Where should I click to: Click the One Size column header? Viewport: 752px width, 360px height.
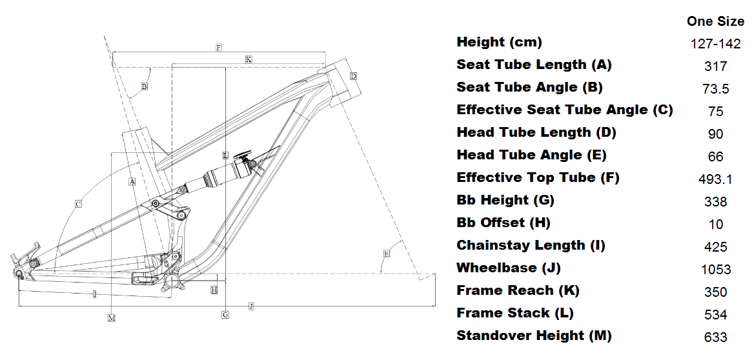[x=715, y=21]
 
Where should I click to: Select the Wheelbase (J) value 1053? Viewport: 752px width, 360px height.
[x=715, y=270]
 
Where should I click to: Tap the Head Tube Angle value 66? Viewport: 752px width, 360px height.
[x=715, y=157]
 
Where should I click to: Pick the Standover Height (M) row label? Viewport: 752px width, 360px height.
[x=534, y=335]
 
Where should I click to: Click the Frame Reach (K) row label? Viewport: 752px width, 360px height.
[x=518, y=290]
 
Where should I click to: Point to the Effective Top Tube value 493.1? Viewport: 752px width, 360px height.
[x=715, y=179]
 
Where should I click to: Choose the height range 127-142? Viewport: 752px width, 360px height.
[x=715, y=44]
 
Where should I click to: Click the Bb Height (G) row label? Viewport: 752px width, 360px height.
[x=505, y=200]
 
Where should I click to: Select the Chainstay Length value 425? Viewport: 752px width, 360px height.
[x=715, y=247]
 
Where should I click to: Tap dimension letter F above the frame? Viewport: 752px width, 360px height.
[x=219, y=48]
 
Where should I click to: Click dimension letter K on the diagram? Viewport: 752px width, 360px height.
[x=249, y=59]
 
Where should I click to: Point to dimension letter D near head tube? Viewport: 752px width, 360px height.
[x=353, y=76]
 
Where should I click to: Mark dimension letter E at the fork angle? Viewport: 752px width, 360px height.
[x=386, y=254]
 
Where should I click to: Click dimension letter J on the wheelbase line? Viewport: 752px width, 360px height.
[x=250, y=306]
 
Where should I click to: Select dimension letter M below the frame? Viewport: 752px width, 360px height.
[x=112, y=318]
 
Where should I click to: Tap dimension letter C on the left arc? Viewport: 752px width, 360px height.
[x=77, y=205]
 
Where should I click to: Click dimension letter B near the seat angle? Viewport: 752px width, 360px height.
[x=144, y=86]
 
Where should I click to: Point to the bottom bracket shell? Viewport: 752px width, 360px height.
[x=172, y=281]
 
